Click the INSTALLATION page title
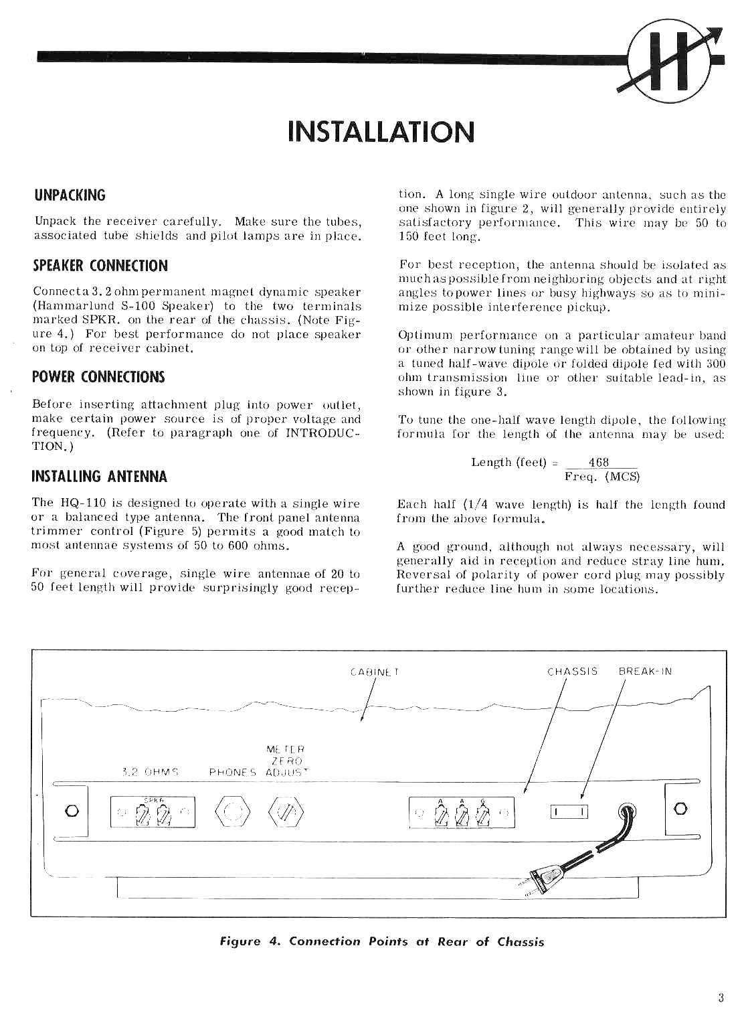380,132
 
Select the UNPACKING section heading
70,195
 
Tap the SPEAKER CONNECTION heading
100,265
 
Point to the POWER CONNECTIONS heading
98,376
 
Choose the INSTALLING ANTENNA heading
100,477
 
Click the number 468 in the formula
598,463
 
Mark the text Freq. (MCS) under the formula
602,477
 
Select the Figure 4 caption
382,942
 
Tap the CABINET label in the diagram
375,671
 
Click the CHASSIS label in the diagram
572,671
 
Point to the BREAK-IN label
645,671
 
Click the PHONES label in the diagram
233,771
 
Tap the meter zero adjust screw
286,812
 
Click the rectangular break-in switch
569,812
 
